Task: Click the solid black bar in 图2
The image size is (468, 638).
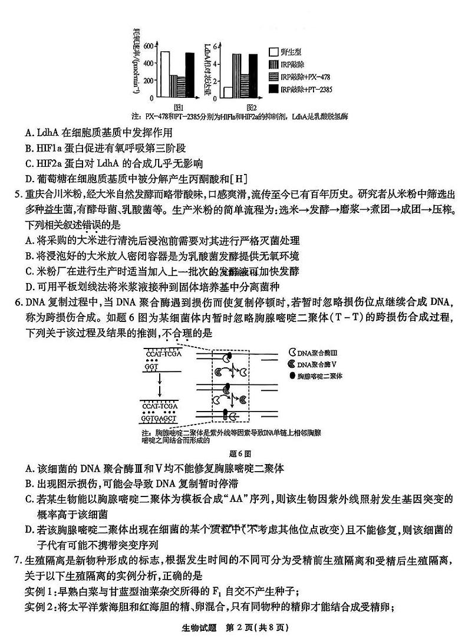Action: (253, 75)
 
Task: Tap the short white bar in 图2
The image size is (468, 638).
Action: (228, 92)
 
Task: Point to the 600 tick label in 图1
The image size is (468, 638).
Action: (149, 46)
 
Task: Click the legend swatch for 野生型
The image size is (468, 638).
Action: (273, 52)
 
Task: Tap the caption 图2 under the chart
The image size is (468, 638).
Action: (251, 107)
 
